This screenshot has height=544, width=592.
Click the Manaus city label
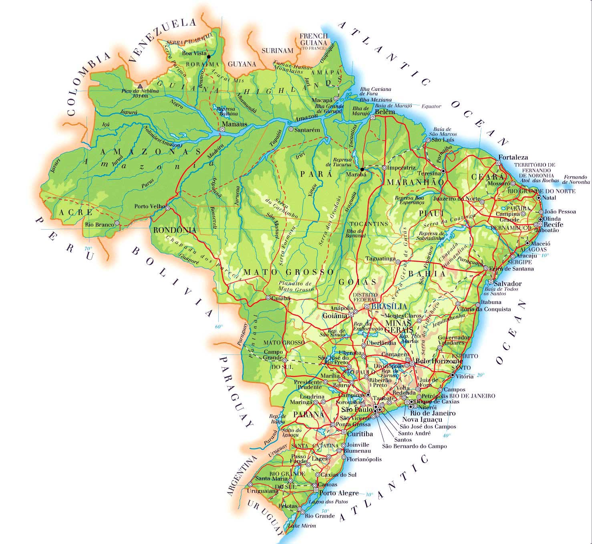pyautogui.click(x=235, y=124)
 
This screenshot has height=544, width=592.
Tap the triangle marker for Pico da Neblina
pyautogui.click(x=140, y=86)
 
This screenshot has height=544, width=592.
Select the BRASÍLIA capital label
pyautogui.click(x=389, y=306)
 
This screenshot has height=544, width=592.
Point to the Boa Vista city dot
pyautogui.click(x=208, y=57)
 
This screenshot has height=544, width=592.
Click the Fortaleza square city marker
pyautogui.click(x=498, y=163)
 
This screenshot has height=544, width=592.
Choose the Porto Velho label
pyautogui.click(x=150, y=207)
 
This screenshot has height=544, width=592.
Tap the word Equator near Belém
pyautogui.click(x=431, y=107)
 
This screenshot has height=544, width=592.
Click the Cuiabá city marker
pyautogui.click(x=268, y=298)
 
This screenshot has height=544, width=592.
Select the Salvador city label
pyautogui.click(x=507, y=284)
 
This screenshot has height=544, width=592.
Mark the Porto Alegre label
pyautogui.click(x=338, y=493)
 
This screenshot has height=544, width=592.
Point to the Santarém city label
pyautogui.click(x=307, y=130)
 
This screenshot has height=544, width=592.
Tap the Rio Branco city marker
pyautogui.click(x=117, y=223)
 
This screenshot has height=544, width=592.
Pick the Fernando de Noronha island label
pyautogui.click(x=576, y=179)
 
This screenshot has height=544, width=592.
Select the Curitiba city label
pyautogui.click(x=360, y=434)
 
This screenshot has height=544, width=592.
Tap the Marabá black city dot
pyautogui.click(x=362, y=169)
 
